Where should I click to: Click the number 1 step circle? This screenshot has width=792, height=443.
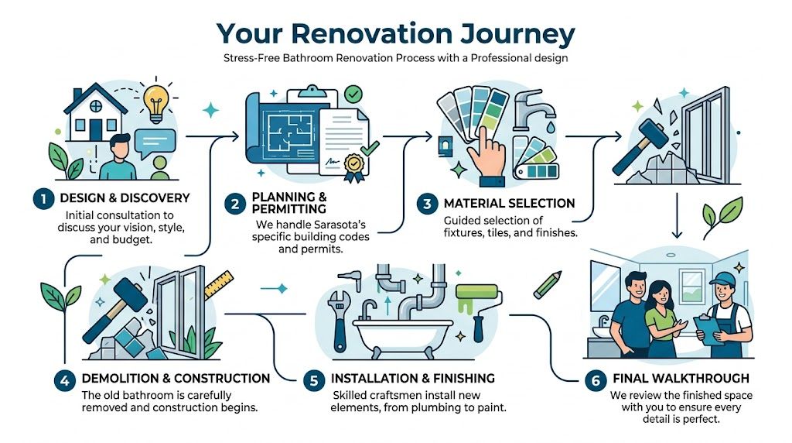click(43, 199)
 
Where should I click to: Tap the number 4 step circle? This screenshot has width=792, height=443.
click(64, 379)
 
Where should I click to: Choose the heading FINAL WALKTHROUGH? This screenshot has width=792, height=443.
click(680, 379)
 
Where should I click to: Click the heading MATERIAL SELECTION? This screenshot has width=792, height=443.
click(509, 204)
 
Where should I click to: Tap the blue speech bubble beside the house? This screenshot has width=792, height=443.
click(155, 142)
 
